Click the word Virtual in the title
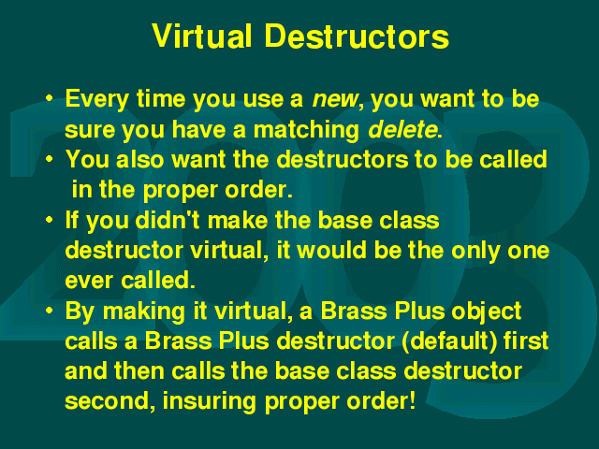202,36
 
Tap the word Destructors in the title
357,36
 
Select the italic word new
335,100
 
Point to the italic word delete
402,129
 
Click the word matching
306,130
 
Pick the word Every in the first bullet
97,100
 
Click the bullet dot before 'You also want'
49,158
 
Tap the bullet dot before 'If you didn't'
49,220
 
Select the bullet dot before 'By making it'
49,310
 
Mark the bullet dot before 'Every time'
49,97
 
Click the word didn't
168,220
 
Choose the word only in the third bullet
475,252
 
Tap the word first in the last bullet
526,340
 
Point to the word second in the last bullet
110,401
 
